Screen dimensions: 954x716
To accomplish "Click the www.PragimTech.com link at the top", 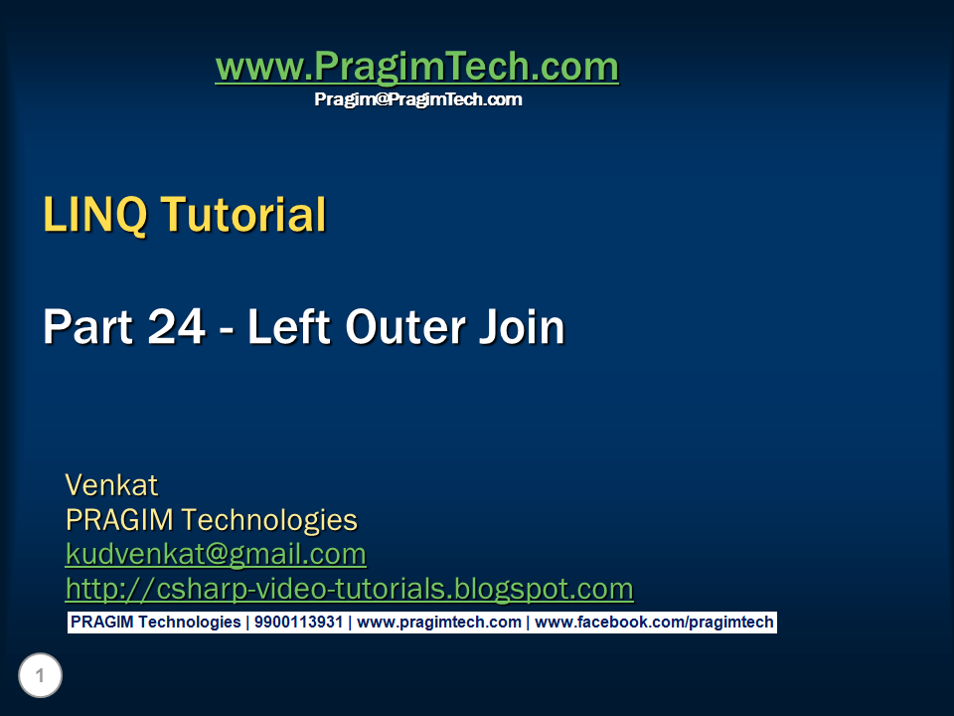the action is (x=417, y=67).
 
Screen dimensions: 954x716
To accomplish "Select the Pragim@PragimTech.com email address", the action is (x=418, y=99).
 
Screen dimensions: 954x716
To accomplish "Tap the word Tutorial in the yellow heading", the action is (x=243, y=215).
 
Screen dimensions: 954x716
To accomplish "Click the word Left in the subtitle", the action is (x=289, y=326).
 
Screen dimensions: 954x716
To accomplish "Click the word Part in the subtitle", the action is (x=88, y=327).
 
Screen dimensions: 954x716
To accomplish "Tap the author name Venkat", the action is (x=112, y=485).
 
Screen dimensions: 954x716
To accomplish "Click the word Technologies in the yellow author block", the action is (x=269, y=520).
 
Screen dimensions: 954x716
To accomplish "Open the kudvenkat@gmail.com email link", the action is (x=216, y=555).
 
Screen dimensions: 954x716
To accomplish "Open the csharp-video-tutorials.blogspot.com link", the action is (x=350, y=589).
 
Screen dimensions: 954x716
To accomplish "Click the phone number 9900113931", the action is (x=298, y=623).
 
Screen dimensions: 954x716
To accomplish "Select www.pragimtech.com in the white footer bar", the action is (x=438, y=623).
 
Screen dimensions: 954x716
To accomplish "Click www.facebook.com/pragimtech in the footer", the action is (x=654, y=623).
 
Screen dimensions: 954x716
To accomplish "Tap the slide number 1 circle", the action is (x=40, y=675).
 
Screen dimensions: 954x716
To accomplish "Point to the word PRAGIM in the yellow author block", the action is (x=119, y=520).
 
